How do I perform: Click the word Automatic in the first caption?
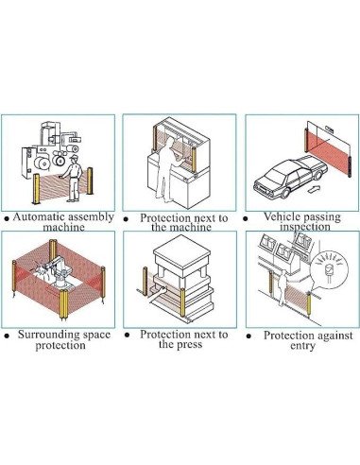tap(39, 217)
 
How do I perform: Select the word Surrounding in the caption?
tap(48, 335)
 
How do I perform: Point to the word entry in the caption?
tap(302, 346)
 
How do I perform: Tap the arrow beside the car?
tap(314, 189)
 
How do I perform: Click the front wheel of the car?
tap(285, 193)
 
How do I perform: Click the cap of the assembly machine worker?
tap(75, 156)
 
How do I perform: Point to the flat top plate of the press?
tap(182, 251)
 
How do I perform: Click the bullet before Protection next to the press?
tap(127, 335)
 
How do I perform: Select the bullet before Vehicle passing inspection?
tap(246, 218)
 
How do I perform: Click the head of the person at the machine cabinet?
tap(170, 142)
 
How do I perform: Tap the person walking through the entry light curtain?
tap(283, 287)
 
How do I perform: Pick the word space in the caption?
tap(95, 336)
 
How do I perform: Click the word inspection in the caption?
tap(305, 227)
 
